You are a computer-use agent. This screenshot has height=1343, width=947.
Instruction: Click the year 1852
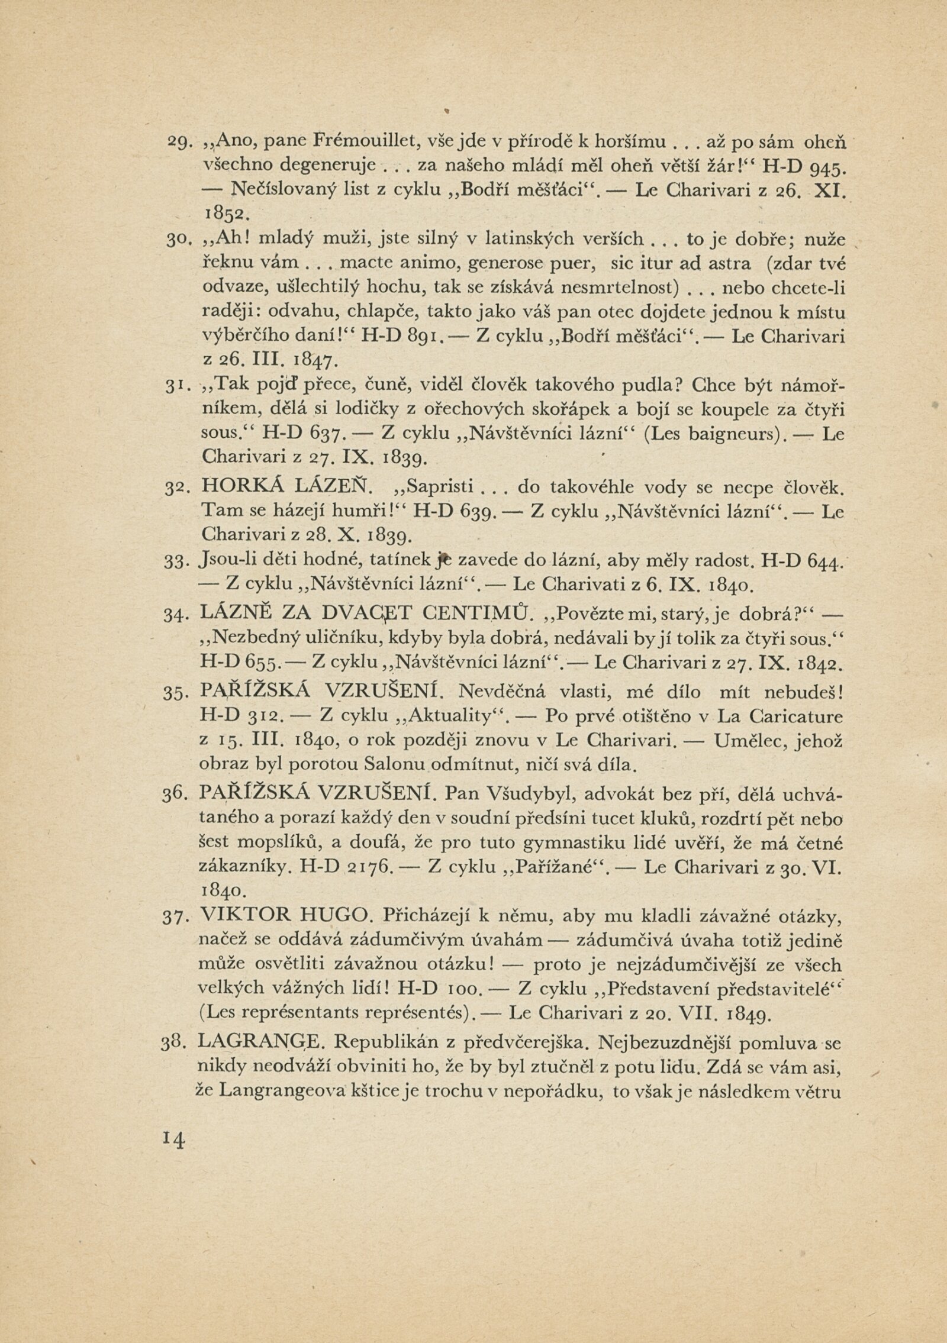click(223, 212)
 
